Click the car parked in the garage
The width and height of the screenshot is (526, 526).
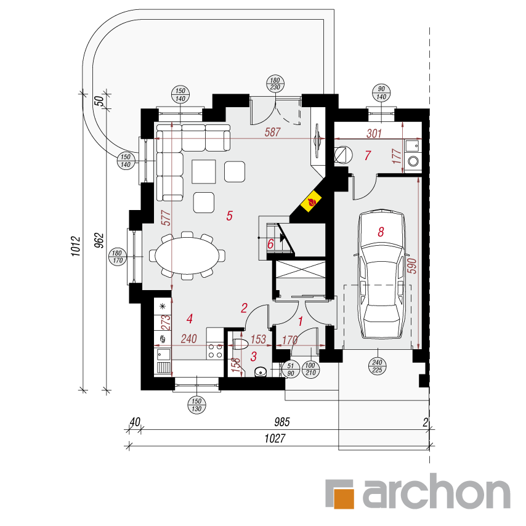[x=382, y=274]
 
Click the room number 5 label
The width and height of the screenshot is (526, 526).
[x=230, y=216]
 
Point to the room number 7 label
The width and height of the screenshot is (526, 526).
[x=368, y=155]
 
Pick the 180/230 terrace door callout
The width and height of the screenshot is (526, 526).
[x=275, y=84]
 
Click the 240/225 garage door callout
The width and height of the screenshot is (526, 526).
[x=377, y=366]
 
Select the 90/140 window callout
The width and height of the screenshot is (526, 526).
[x=381, y=93]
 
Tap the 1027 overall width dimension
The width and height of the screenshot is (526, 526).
[x=275, y=439]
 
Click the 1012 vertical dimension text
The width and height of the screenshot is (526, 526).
[x=76, y=246]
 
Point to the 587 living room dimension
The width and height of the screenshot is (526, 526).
[x=272, y=132]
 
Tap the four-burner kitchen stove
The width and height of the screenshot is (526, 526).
[x=215, y=350]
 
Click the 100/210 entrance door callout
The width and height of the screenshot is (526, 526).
[x=310, y=369]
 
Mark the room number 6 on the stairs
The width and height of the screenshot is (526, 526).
[x=270, y=244]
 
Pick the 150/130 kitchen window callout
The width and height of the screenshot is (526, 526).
[x=196, y=405]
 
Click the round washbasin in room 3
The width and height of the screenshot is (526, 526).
[x=261, y=371]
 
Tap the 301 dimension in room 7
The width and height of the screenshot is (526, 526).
[x=374, y=134]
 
